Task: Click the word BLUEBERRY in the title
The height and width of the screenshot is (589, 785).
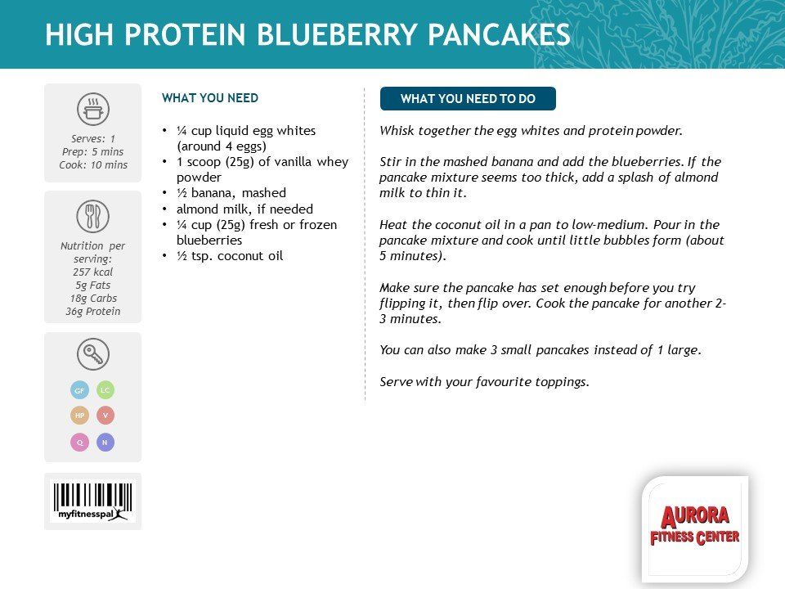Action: pos(336,34)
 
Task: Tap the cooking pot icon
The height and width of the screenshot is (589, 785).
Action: pos(93,109)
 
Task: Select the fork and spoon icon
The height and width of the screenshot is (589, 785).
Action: pos(92,216)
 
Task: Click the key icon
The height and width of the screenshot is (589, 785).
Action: pos(93,354)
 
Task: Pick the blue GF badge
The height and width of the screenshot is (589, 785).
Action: pos(79,390)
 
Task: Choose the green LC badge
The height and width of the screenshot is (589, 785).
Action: pos(105,389)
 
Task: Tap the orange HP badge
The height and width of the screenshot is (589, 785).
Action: pos(79,416)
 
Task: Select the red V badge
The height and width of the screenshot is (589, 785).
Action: pos(105,416)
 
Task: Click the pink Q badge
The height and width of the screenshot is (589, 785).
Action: pos(79,443)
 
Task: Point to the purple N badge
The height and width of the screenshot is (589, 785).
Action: pos(105,443)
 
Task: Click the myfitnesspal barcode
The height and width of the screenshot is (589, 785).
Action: pos(92,501)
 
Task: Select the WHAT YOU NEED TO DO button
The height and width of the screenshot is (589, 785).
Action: pos(468,99)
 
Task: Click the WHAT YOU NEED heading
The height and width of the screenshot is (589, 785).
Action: pos(210,98)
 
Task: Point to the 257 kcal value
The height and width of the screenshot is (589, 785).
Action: pos(93,272)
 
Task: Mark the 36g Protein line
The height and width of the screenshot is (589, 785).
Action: pos(93,311)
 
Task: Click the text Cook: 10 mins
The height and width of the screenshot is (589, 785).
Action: pos(93,164)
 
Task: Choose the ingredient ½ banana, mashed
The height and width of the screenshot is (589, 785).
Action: pos(231,193)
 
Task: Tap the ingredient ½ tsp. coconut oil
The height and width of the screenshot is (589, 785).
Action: pos(230,256)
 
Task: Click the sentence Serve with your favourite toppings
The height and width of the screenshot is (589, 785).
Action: pos(484,382)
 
